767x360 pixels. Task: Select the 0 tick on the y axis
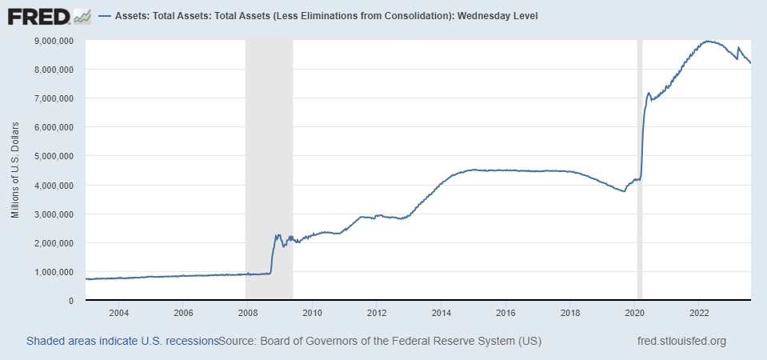71,301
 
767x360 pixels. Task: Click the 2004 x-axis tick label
118,312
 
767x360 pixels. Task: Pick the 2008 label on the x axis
247,312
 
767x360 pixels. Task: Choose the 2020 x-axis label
634,312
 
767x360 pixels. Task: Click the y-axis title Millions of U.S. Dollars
15,170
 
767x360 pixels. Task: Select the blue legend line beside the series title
105,16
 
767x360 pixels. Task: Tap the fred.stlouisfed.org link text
681,342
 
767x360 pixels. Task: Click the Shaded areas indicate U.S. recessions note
122,342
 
